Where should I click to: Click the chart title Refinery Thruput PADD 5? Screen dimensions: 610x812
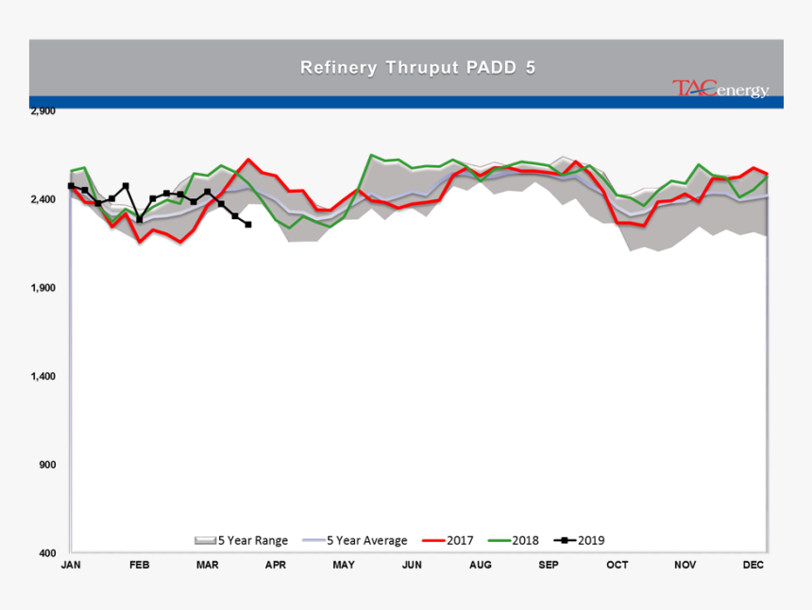tap(405, 67)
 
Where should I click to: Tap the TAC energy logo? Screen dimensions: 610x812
tap(720, 90)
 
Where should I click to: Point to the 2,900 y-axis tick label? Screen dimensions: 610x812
tap(43, 110)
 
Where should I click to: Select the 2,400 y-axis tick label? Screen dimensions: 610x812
tap(43, 199)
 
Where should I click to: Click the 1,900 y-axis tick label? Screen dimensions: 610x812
tap(43, 288)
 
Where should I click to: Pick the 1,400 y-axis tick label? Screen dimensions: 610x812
tap(43, 376)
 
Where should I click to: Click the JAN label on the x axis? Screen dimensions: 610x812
tap(71, 565)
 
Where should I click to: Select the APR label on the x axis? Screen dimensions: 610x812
tap(276, 565)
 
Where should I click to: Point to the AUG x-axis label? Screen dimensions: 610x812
tap(480, 565)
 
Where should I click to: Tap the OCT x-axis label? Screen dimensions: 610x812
tap(617, 565)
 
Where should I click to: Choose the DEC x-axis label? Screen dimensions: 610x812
tap(753, 565)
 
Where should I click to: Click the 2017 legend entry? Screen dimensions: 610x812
tap(448, 541)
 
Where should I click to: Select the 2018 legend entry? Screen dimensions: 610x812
tap(514, 541)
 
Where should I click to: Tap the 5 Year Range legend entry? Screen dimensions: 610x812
tap(242, 541)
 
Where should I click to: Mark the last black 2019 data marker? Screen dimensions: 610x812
tap(247, 225)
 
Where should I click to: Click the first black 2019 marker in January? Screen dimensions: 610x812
tap(71, 186)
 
